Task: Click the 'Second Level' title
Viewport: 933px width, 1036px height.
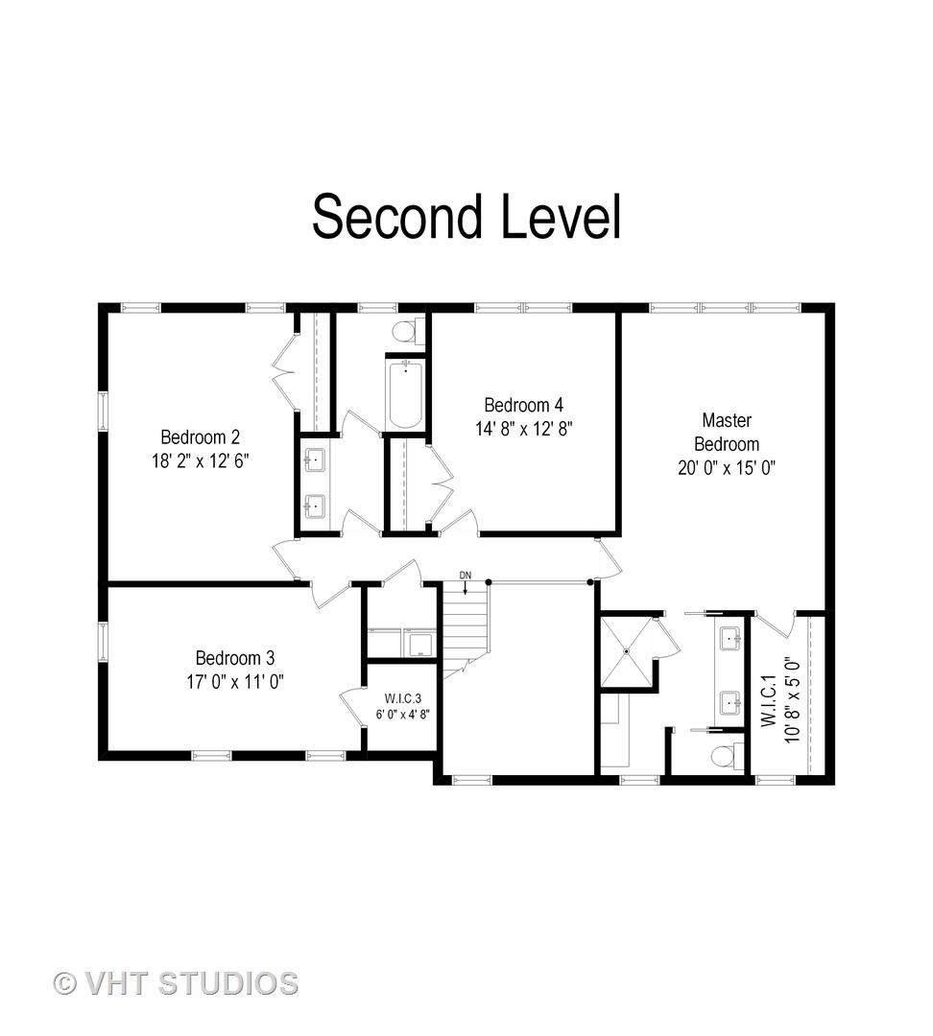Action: coord(466,216)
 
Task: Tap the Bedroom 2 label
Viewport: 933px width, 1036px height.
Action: coord(201,436)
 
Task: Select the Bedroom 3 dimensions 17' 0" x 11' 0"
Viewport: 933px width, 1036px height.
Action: coord(235,681)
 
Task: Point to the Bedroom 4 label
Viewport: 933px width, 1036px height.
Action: coord(524,405)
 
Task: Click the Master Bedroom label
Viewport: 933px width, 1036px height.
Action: coord(727,432)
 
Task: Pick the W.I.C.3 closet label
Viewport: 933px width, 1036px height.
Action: coord(403,698)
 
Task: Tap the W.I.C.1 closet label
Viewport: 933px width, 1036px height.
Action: coord(768,700)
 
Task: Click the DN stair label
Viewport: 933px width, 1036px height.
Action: coord(466,576)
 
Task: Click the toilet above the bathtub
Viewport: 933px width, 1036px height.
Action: coord(408,330)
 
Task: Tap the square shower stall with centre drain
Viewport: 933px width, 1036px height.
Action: coord(627,651)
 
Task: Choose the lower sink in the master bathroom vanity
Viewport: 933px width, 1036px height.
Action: coord(730,703)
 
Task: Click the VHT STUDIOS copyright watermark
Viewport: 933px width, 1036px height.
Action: coord(176,983)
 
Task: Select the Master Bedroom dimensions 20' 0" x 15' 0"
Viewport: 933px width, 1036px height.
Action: coord(727,468)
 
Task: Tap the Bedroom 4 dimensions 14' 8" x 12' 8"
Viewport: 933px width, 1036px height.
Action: coord(524,429)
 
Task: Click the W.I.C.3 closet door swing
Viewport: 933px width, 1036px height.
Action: coord(351,706)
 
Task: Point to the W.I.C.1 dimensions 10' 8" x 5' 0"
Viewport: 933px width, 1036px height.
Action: coord(793,699)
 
